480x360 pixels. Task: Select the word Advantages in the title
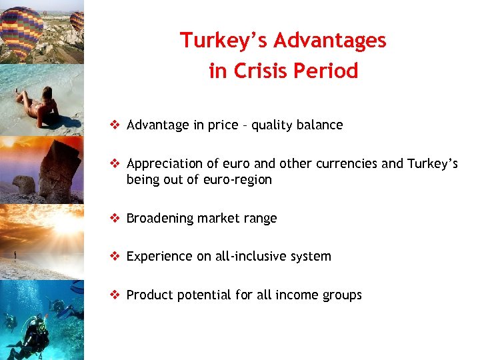point(330,41)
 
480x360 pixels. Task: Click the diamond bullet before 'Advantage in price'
point(115,125)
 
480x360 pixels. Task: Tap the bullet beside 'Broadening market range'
point(115,218)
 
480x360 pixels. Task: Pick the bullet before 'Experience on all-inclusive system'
point(115,256)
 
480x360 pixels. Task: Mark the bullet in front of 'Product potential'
point(115,295)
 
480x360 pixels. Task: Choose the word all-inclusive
point(255,257)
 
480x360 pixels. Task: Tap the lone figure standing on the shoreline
point(15,256)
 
